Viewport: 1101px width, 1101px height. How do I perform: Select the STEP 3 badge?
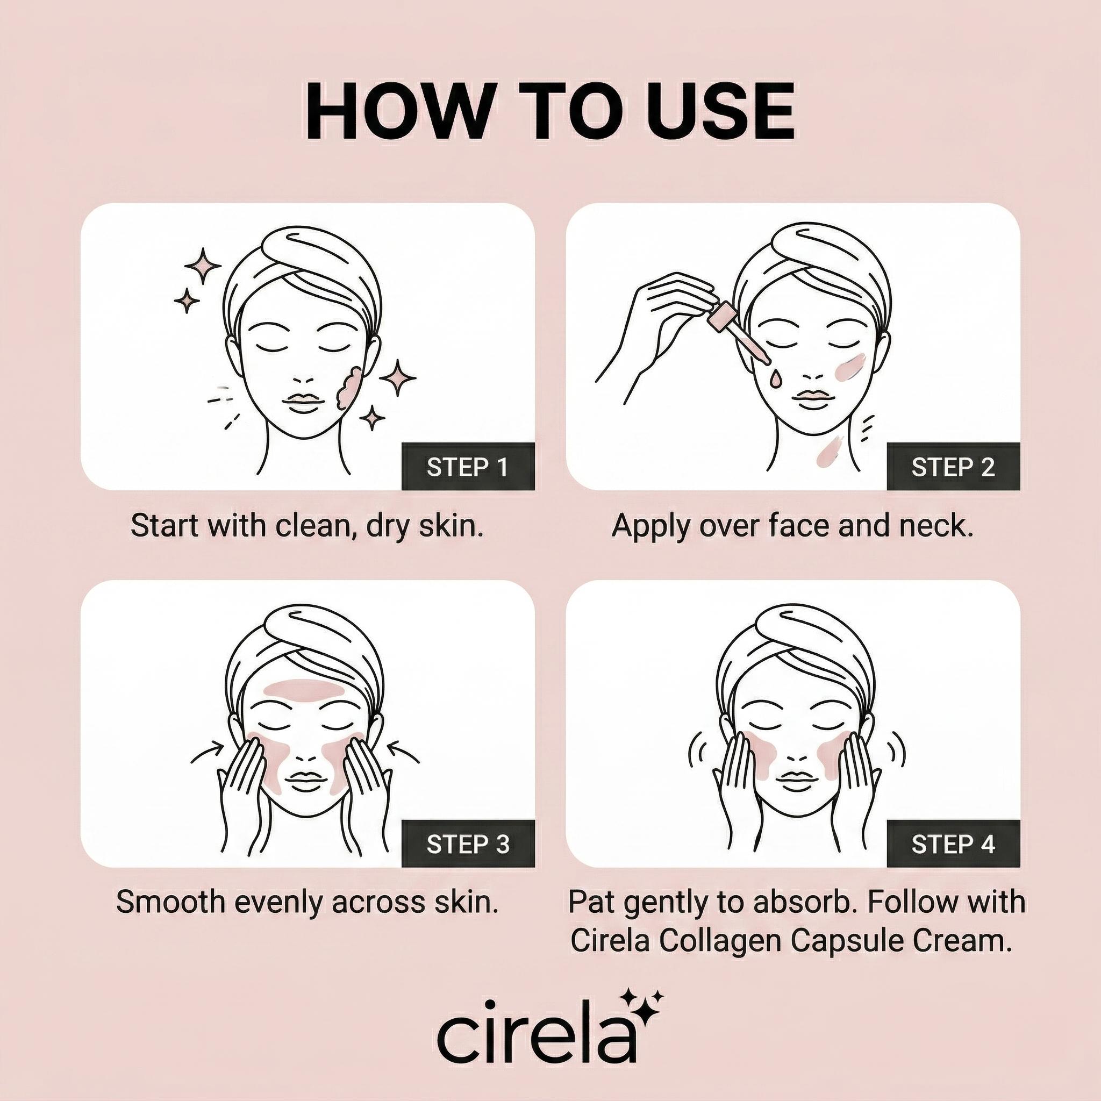[x=468, y=844]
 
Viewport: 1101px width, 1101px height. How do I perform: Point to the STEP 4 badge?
[x=953, y=844]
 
